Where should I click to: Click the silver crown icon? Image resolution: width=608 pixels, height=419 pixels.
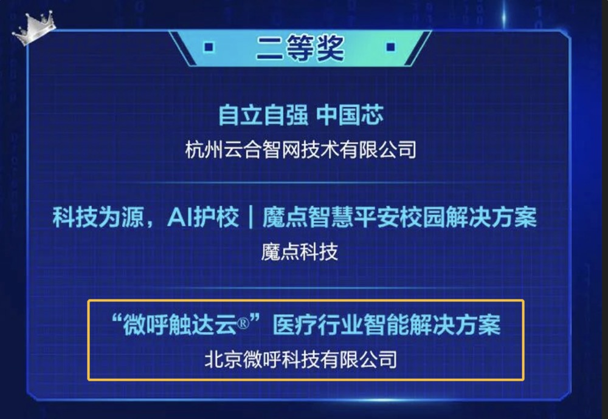(x=34, y=27)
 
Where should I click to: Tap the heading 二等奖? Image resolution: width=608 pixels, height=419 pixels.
(x=300, y=48)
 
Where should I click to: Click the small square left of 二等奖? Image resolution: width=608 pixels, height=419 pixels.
(x=209, y=47)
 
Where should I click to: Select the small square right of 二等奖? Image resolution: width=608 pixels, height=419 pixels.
(x=390, y=47)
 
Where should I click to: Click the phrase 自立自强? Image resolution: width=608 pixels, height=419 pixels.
(x=263, y=115)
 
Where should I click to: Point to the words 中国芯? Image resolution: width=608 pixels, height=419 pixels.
(x=350, y=115)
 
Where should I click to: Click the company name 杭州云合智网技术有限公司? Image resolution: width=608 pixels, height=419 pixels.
(x=300, y=149)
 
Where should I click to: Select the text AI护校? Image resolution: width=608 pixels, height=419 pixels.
(x=203, y=217)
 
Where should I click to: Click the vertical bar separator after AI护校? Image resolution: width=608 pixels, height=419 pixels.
(x=250, y=217)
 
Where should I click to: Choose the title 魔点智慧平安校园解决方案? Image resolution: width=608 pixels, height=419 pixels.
(x=399, y=217)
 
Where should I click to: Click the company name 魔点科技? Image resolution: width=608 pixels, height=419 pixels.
(x=299, y=252)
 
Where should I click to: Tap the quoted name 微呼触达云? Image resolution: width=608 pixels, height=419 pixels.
(x=179, y=324)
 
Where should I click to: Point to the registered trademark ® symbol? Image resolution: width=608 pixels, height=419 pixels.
(x=243, y=323)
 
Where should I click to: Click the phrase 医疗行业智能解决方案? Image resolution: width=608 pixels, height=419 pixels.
(x=387, y=324)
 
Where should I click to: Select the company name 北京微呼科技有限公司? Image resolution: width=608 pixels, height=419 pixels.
(x=300, y=359)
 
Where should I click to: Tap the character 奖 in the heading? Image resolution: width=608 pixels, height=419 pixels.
(x=330, y=48)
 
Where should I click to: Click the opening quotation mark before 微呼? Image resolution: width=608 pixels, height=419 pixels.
(x=116, y=319)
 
